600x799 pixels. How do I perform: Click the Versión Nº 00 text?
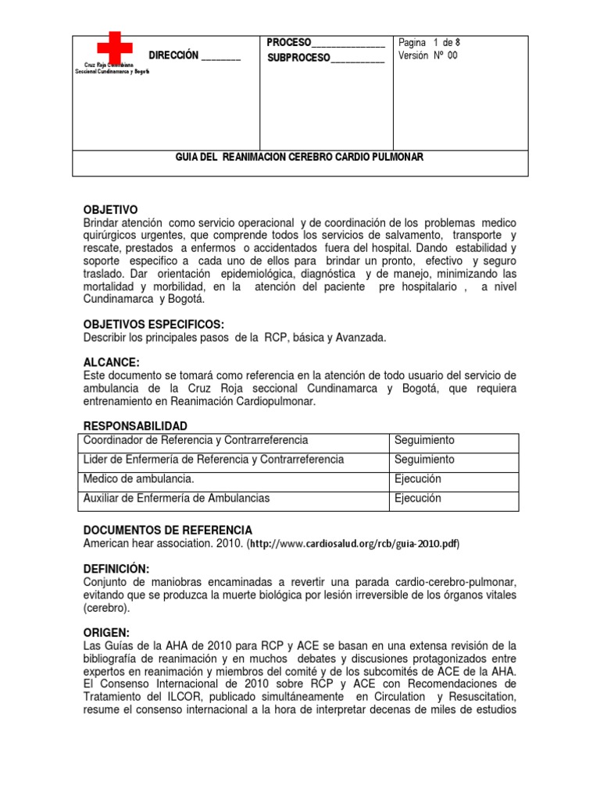click(x=428, y=56)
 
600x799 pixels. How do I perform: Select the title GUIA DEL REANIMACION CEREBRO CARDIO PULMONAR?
click(x=300, y=158)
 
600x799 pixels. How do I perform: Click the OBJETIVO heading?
click(x=110, y=210)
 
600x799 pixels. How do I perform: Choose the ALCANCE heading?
click(x=111, y=363)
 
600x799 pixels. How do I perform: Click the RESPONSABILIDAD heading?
click(x=135, y=426)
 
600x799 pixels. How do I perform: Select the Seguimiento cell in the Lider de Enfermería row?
click(x=424, y=460)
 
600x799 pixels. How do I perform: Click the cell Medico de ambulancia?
click(x=139, y=479)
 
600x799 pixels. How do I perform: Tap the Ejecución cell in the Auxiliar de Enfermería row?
click(x=418, y=499)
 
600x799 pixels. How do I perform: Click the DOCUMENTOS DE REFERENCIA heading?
click(x=167, y=530)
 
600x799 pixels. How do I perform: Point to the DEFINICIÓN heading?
click(x=116, y=569)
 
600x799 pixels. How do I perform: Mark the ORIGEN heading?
click(x=107, y=633)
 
